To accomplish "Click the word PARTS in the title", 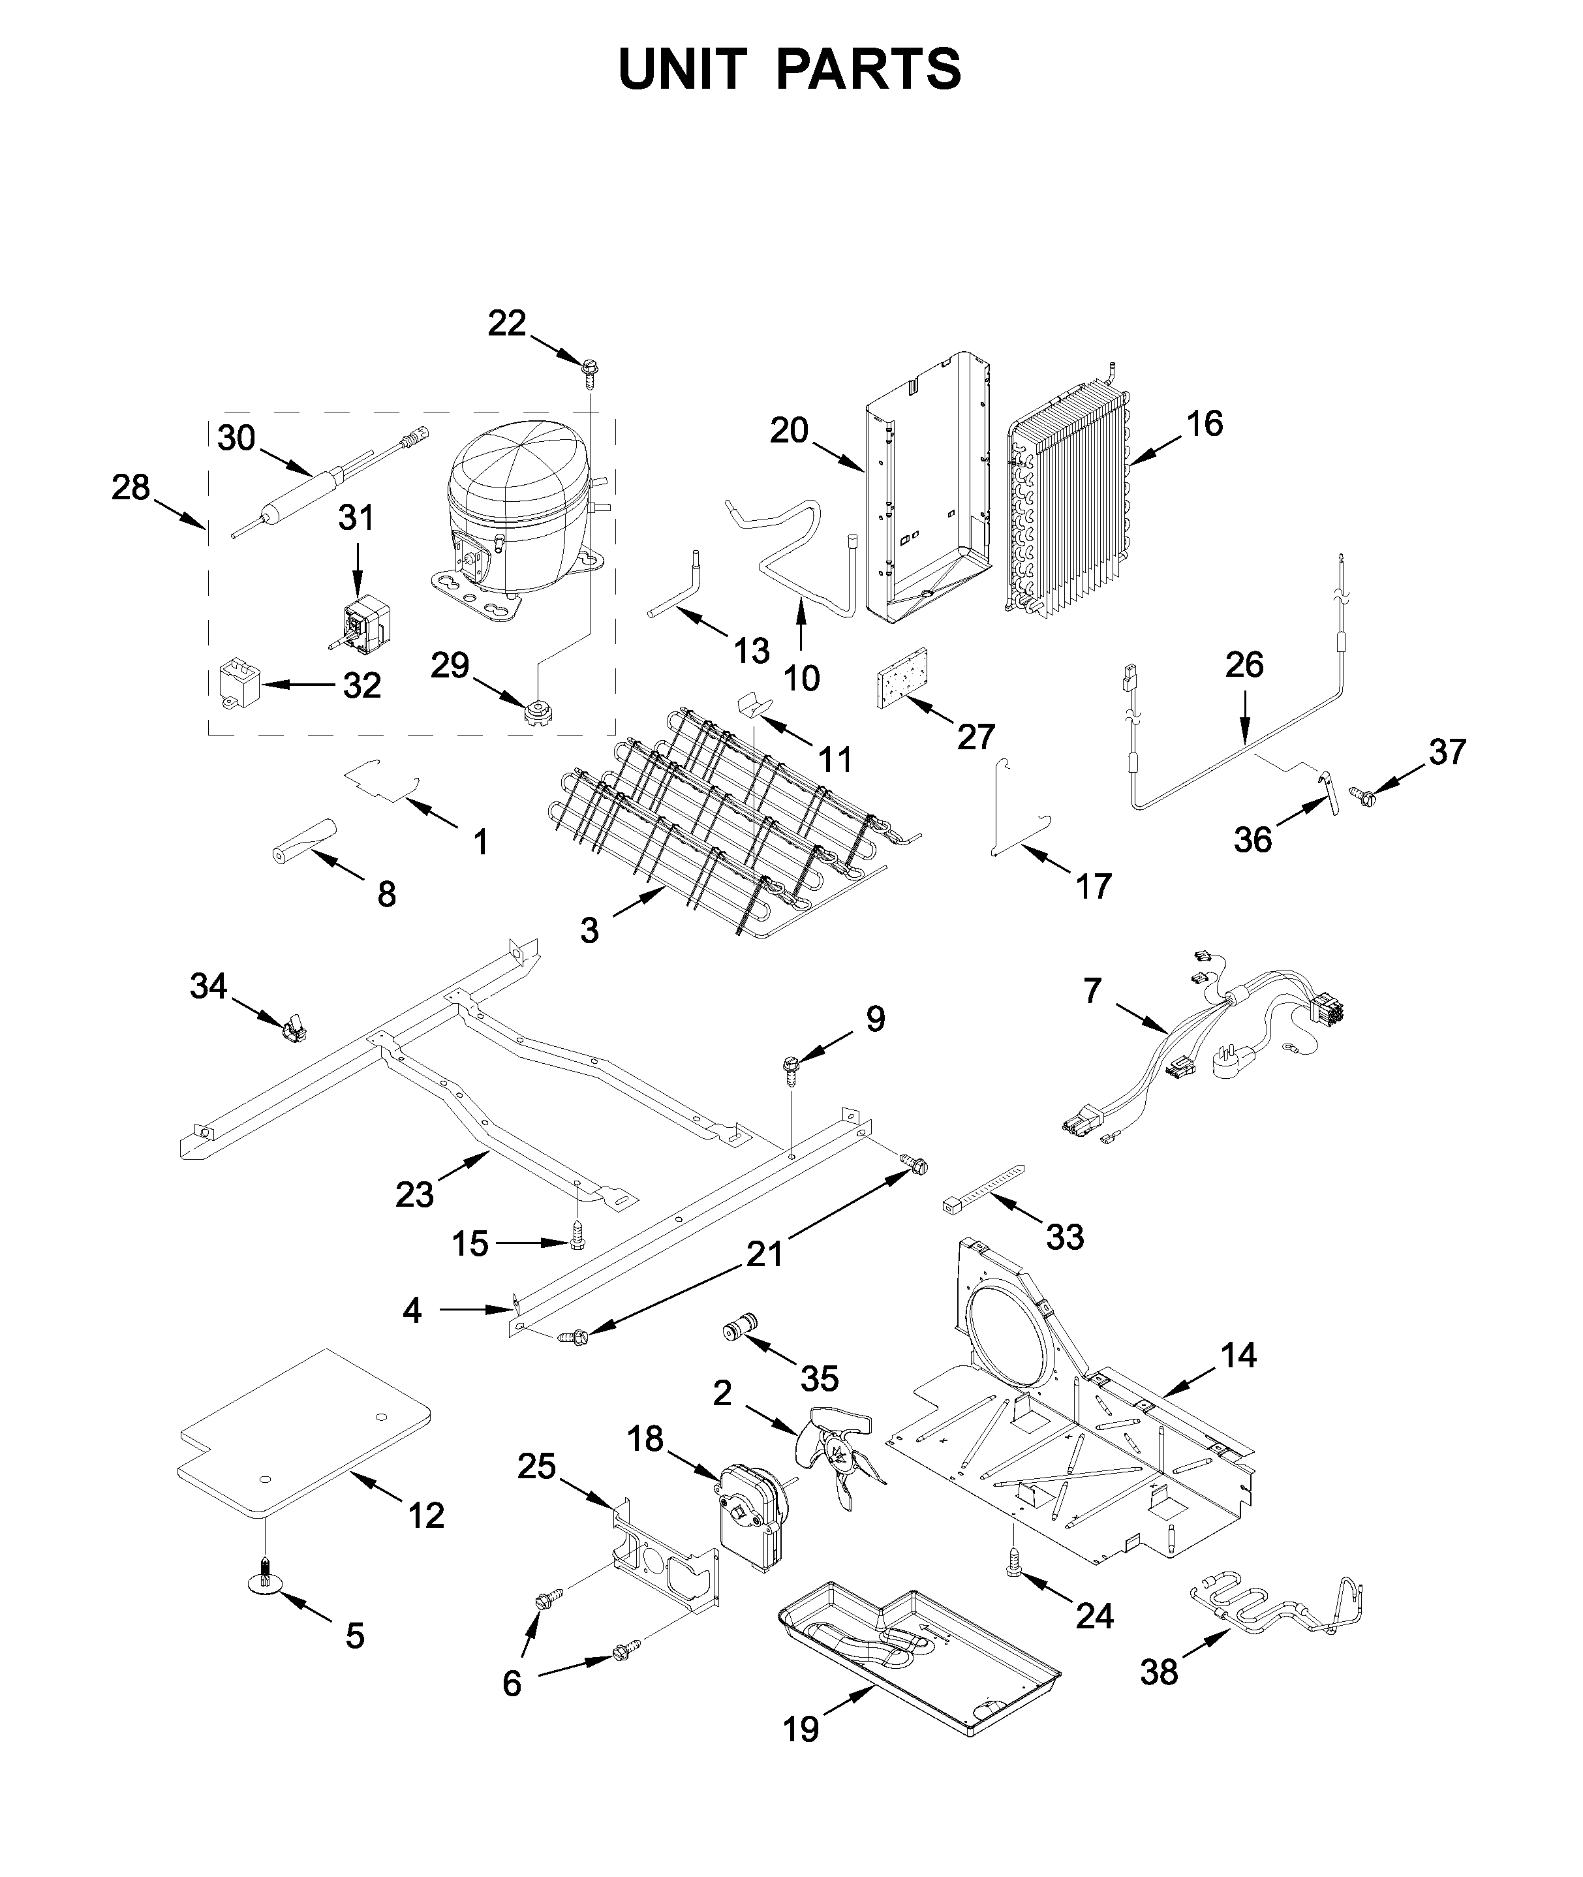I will (x=868, y=69).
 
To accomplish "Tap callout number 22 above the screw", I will (x=506, y=323).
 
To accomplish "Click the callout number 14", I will (x=1238, y=1355).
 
